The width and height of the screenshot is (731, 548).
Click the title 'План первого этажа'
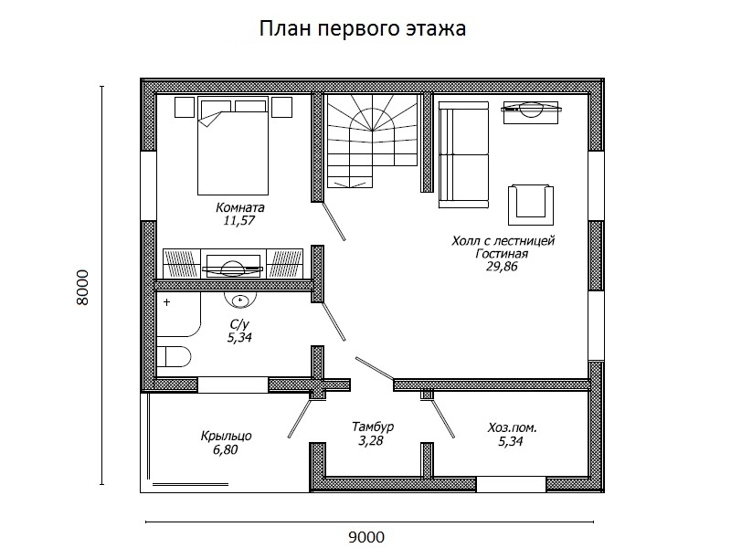tap(364, 29)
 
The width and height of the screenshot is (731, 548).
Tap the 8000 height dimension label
tap(82, 289)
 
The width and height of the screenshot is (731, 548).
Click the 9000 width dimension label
tap(365, 536)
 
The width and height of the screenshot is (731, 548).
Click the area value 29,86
tap(502, 268)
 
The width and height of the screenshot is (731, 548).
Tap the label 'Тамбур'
tap(372, 427)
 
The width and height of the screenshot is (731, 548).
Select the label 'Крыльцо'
tap(226, 436)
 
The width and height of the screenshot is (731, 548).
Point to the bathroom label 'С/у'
tap(239, 324)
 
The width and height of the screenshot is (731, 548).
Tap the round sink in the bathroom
tap(242, 300)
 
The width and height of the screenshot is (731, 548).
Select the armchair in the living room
tap(530, 200)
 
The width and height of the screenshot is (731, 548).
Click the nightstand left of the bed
tap(185, 108)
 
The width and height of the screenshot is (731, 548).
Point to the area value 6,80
tap(226, 449)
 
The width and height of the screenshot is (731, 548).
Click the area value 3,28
tap(372, 441)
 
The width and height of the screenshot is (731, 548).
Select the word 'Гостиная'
tap(502, 254)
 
